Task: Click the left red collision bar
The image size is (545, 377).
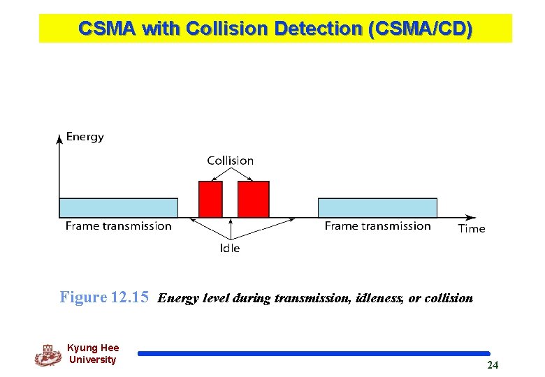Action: [x=210, y=199]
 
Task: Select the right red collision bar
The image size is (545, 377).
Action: [x=253, y=199]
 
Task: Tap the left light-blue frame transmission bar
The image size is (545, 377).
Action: [x=118, y=207]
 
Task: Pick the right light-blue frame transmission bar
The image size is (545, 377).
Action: [x=377, y=207]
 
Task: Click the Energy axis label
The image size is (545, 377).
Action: [x=85, y=137]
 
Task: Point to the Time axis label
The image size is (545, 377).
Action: [x=472, y=228]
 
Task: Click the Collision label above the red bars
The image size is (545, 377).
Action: [x=230, y=161]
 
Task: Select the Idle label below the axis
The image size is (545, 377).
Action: [x=230, y=248]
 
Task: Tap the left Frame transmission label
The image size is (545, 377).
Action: [x=118, y=226]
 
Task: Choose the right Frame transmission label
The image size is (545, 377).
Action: [x=377, y=226]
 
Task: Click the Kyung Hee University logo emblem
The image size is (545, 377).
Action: [x=48, y=355]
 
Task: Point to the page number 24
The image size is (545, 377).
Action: [x=493, y=365]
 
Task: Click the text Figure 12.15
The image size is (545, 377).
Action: [x=104, y=297]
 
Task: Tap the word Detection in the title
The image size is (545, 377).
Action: [x=319, y=29]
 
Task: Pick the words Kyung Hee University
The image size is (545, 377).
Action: [x=93, y=354]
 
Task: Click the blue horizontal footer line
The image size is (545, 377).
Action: [x=314, y=354]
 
